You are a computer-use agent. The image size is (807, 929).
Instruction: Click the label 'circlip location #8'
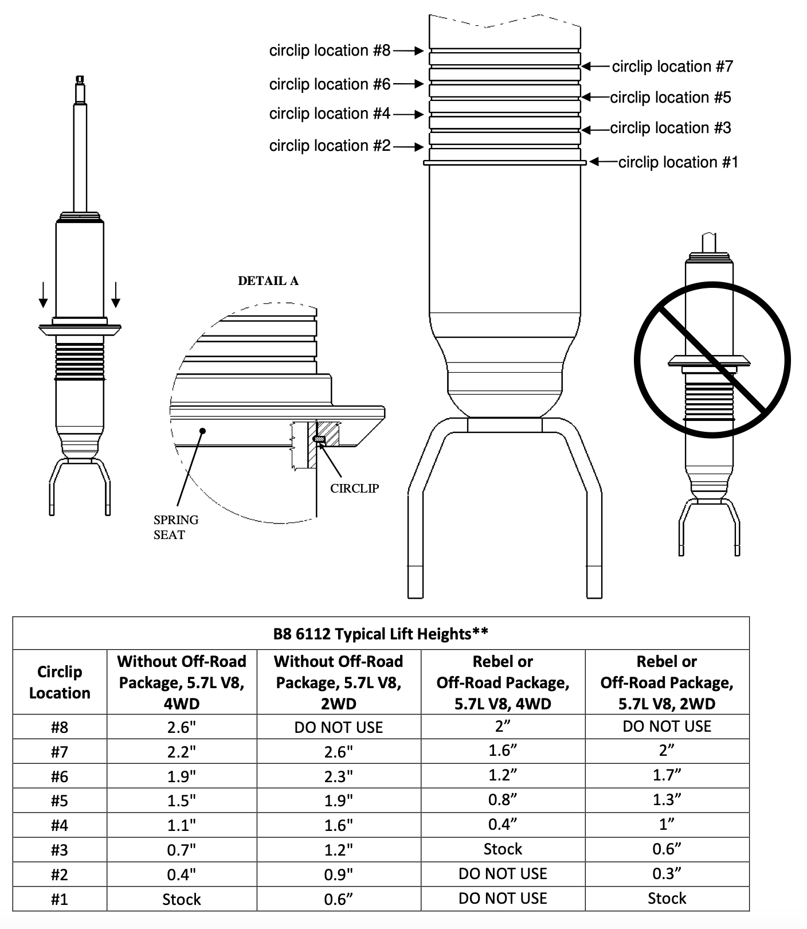click(x=330, y=50)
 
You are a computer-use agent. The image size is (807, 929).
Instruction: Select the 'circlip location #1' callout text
click(x=678, y=162)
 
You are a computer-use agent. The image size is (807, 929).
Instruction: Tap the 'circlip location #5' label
click(x=671, y=97)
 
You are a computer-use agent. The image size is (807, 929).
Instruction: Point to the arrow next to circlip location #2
click(x=409, y=147)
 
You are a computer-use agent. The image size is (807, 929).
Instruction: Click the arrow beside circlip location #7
click(x=596, y=67)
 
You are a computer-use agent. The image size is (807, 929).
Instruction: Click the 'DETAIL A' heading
click(x=268, y=281)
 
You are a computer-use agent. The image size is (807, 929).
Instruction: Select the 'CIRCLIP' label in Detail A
click(x=354, y=489)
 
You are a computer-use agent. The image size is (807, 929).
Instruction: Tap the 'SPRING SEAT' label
click(x=176, y=527)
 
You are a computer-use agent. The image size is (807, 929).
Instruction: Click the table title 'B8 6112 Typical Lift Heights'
click(x=381, y=634)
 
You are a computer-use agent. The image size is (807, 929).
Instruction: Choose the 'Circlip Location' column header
click(x=60, y=682)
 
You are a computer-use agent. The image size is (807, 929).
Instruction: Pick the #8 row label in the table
click(x=60, y=727)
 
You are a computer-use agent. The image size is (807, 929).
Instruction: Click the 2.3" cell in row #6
click(x=338, y=776)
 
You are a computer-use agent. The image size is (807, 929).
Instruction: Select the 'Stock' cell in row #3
click(x=503, y=849)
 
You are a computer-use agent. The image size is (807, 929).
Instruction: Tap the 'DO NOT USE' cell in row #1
click(x=503, y=898)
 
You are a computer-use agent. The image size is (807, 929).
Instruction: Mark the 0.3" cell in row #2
click(x=667, y=874)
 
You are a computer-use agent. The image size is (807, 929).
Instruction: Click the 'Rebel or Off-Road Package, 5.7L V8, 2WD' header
click(x=667, y=682)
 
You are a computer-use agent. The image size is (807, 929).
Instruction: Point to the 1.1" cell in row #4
click(x=181, y=825)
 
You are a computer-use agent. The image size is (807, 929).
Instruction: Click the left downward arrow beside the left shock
click(x=43, y=295)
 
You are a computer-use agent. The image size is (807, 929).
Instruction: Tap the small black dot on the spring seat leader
click(x=202, y=430)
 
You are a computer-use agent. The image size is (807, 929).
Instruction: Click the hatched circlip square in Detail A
click(x=319, y=440)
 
